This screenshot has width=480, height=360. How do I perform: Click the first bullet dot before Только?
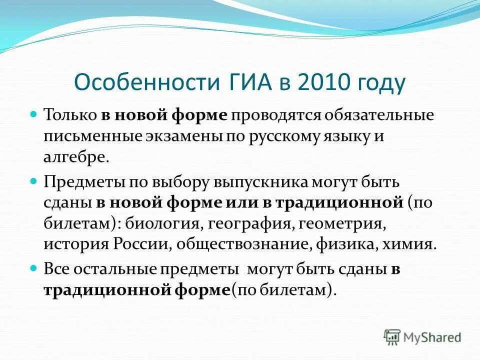pos(34,114)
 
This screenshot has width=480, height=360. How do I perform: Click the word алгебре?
pos(75,158)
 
